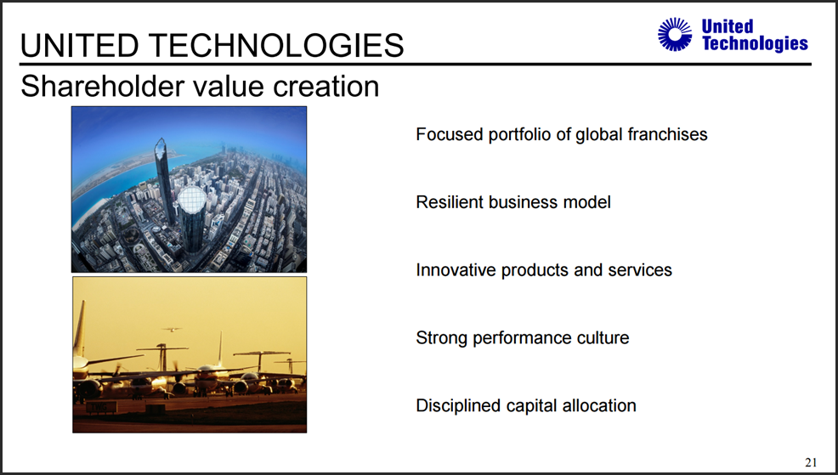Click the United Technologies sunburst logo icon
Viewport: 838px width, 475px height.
pyautogui.click(x=675, y=34)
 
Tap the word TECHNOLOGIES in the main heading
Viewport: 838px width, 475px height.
pyautogui.click(x=278, y=45)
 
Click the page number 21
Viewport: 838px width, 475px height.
pyautogui.click(x=811, y=462)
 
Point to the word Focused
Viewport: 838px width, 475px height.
pyautogui.click(x=450, y=134)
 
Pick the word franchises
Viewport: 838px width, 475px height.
pyautogui.click(x=667, y=134)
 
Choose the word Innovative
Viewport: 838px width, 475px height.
pyautogui.click(x=456, y=270)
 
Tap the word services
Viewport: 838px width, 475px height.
pyautogui.click(x=640, y=270)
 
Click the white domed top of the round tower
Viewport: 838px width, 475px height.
pyautogui.click(x=191, y=200)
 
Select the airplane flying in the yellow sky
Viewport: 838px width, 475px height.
pyautogui.click(x=172, y=330)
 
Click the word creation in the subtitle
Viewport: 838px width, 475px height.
pyautogui.click(x=326, y=86)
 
